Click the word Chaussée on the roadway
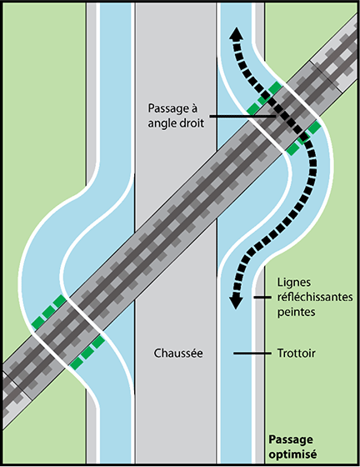[x=178, y=354]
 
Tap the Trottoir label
[x=297, y=354]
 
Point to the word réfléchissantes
[x=315, y=297]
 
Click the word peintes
[x=297, y=312]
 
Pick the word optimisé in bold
[x=292, y=454]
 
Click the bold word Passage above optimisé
[x=291, y=440]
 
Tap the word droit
[x=192, y=123]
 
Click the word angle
[x=162, y=123]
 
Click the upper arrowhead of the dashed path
[x=236, y=33]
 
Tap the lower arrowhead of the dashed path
[x=236, y=301]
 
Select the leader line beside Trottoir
[x=252, y=354]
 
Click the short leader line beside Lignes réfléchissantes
[x=262, y=297]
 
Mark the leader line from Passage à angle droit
[x=243, y=117]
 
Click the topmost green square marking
[x=275, y=88]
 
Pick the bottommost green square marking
[x=77, y=363]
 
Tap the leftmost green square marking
[x=37, y=323]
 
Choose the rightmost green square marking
[x=314, y=128]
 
